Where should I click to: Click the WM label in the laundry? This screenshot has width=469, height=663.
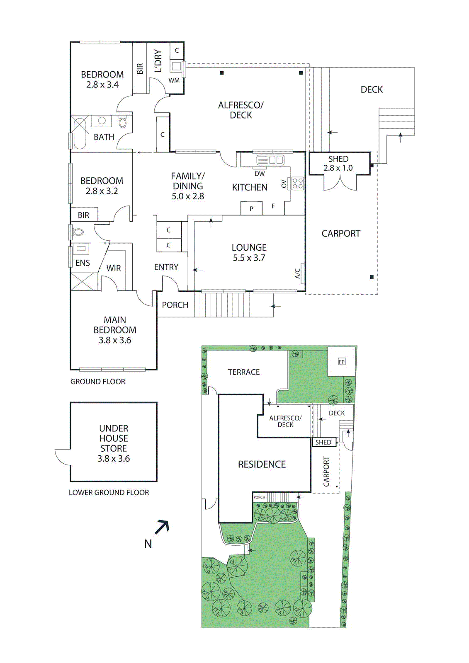[174, 80]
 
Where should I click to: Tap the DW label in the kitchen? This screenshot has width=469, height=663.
[260, 174]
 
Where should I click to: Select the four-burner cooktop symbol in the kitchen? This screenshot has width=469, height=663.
[298, 183]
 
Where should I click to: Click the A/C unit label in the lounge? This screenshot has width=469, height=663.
[297, 273]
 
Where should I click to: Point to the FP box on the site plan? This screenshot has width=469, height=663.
[342, 362]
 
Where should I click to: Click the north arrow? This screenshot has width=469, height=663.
[162, 527]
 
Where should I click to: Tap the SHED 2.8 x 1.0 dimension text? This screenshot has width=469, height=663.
[338, 168]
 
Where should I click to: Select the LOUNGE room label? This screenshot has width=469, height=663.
[249, 247]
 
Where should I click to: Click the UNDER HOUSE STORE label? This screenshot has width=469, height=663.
[114, 438]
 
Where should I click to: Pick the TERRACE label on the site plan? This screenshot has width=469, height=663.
[244, 372]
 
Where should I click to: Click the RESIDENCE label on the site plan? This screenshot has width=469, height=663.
[262, 465]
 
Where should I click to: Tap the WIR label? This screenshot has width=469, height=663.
[114, 268]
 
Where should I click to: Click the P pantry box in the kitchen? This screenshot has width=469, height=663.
[251, 208]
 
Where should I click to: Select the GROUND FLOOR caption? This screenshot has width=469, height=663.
[98, 382]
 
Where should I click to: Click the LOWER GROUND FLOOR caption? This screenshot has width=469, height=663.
[109, 492]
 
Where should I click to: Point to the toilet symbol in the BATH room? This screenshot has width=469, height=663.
[122, 123]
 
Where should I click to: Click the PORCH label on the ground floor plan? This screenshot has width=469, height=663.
[175, 305]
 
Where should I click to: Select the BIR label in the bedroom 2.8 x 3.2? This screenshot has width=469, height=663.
[84, 215]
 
